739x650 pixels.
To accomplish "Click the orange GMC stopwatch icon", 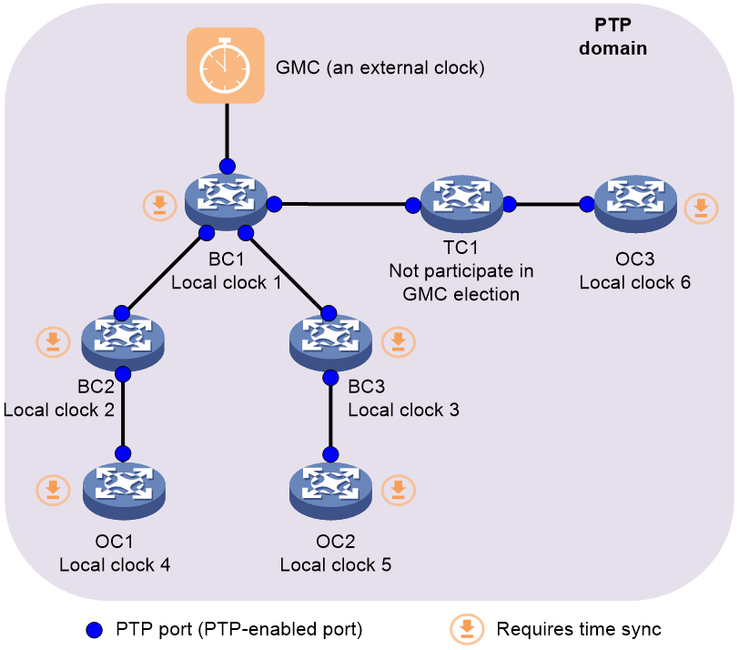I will point(225,65).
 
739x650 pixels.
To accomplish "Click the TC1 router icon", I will point(461,203).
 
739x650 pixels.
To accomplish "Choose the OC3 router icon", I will point(634,204).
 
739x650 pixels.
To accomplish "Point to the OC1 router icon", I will point(123,488).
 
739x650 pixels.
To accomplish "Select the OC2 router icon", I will point(330,488).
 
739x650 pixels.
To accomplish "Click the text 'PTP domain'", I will point(612,38).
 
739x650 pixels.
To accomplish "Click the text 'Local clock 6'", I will point(634,282).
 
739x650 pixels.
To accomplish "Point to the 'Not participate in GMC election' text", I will point(461,282).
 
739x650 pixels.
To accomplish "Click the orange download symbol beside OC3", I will point(700,208).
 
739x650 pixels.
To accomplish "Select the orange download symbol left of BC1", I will point(158,205).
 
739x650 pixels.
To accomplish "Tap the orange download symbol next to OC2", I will point(398,489).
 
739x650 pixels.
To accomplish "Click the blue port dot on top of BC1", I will point(227,166).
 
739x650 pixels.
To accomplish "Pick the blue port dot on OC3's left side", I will point(584,204).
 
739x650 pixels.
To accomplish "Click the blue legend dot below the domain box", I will point(93,629).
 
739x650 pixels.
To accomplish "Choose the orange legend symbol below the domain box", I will point(468,629).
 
